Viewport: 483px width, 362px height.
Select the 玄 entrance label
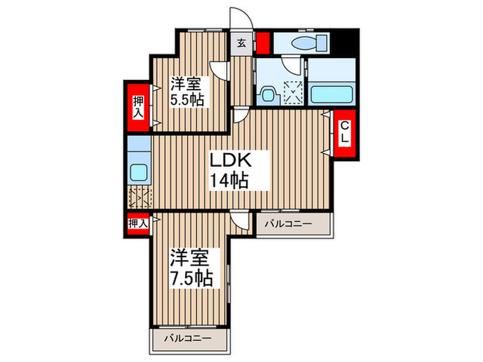(x=241, y=43)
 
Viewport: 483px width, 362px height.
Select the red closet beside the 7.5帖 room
(x=137, y=223)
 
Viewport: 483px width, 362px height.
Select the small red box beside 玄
(x=262, y=43)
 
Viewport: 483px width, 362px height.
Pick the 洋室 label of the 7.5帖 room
(x=188, y=257)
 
